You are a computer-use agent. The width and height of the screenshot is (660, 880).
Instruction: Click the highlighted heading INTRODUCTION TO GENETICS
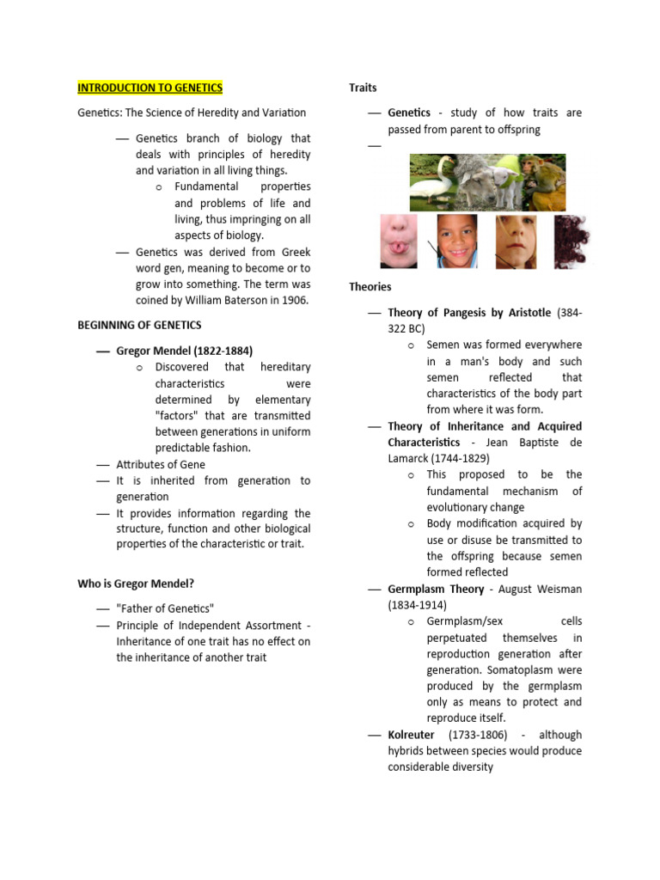(150, 88)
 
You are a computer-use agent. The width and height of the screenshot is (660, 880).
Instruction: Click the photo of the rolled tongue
(399, 241)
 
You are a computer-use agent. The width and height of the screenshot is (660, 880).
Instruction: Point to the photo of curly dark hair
(570, 241)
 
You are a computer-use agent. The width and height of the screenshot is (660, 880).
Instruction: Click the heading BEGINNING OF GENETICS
(139, 325)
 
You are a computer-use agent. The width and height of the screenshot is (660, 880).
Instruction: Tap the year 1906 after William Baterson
(292, 300)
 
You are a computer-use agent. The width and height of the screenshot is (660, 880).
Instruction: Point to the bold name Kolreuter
(411, 735)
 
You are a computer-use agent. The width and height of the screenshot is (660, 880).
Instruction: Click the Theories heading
(370, 286)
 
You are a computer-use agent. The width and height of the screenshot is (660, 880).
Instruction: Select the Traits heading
(363, 88)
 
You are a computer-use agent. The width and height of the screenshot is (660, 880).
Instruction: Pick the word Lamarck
(408, 458)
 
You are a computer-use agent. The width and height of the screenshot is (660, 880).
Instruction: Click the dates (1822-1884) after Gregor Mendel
(222, 351)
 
